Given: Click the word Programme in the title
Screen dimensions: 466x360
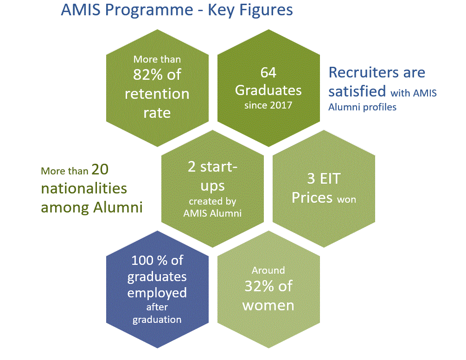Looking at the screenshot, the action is (149, 11).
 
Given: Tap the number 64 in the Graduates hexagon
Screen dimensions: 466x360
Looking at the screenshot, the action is (268, 72).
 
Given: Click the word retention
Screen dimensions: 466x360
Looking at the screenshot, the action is (157, 94).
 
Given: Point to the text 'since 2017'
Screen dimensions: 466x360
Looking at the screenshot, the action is (268, 105).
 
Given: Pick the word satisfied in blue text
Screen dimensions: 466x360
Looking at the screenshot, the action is (357, 91).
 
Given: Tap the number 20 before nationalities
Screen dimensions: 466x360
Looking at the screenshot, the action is (100, 169).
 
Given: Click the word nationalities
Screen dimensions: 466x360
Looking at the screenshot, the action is (84, 188).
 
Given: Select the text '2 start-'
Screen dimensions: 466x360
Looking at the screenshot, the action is (212, 167).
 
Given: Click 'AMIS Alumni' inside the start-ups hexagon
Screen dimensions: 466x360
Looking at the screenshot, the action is (212, 213).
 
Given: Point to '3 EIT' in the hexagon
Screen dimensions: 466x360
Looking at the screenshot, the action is (324, 179).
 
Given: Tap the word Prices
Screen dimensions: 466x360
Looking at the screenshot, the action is (312, 198).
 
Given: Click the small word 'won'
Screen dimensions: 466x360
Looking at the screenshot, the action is (346, 199).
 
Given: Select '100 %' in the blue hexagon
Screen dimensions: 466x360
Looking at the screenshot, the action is (149, 260).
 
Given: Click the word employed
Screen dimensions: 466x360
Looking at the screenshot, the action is (157, 293).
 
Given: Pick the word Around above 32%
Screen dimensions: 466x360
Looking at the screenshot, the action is (268, 270).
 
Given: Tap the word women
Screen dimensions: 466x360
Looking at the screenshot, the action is (268, 306).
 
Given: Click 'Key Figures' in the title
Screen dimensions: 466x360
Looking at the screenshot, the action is (250, 11).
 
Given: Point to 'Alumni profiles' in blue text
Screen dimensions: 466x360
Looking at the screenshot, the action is (362, 107).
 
